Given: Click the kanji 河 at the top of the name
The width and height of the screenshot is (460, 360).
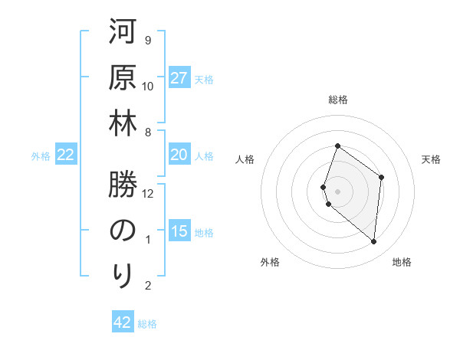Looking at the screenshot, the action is (123, 34).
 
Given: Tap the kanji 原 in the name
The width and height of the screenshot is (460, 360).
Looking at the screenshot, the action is (123, 79).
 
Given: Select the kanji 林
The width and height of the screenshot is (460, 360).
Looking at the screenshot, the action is (123, 125).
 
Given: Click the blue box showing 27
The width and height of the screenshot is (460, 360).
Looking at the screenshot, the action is (179, 78).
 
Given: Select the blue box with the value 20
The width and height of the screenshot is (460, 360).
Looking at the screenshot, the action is (179, 155).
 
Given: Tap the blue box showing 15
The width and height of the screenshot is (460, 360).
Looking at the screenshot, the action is (179, 231).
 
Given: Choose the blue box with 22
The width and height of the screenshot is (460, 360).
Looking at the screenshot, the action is (66, 155).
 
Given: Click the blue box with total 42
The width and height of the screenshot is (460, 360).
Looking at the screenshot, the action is (123, 322).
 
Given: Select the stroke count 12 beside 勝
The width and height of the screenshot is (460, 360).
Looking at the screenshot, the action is (148, 194).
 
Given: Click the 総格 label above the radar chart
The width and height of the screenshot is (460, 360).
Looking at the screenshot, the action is (338, 100).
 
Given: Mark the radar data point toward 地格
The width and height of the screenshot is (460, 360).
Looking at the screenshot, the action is (374, 242).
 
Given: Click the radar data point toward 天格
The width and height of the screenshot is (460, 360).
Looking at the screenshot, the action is (381, 177).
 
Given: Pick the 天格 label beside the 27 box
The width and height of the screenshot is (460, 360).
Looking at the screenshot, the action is (204, 79).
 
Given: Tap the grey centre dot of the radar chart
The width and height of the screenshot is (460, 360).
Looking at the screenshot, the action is (338, 190).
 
